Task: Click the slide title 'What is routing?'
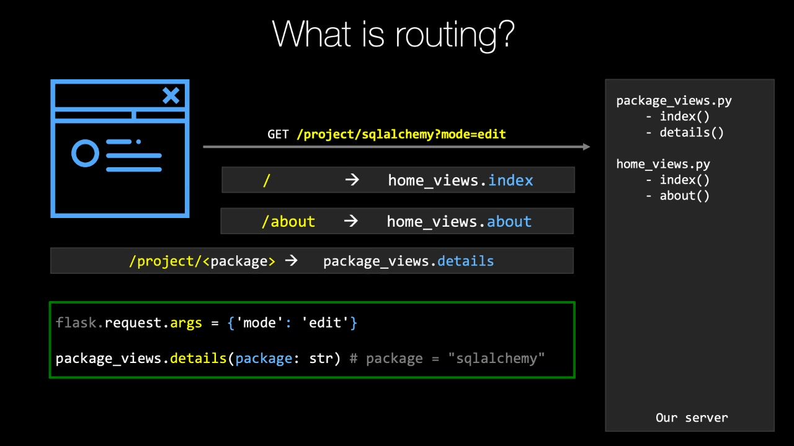[393, 34]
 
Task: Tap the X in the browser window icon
[171, 95]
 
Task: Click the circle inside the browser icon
[85, 153]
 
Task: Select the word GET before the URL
[278, 134]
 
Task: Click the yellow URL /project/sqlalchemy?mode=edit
[401, 134]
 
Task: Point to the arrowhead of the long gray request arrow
[586, 147]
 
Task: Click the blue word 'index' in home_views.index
[511, 180]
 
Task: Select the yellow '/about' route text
[288, 222]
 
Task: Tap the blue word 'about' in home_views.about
[509, 222]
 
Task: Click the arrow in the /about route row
[351, 221]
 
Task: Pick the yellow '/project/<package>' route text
[202, 261]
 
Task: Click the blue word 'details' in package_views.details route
[465, 261]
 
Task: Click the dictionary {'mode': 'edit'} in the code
[292, 323]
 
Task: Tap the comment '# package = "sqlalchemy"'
[447, 359]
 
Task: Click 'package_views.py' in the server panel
[674, 101]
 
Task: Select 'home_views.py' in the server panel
[663, 164]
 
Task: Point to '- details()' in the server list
[685, 133]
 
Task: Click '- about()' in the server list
[678, 196]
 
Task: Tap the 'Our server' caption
[692, 418]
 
